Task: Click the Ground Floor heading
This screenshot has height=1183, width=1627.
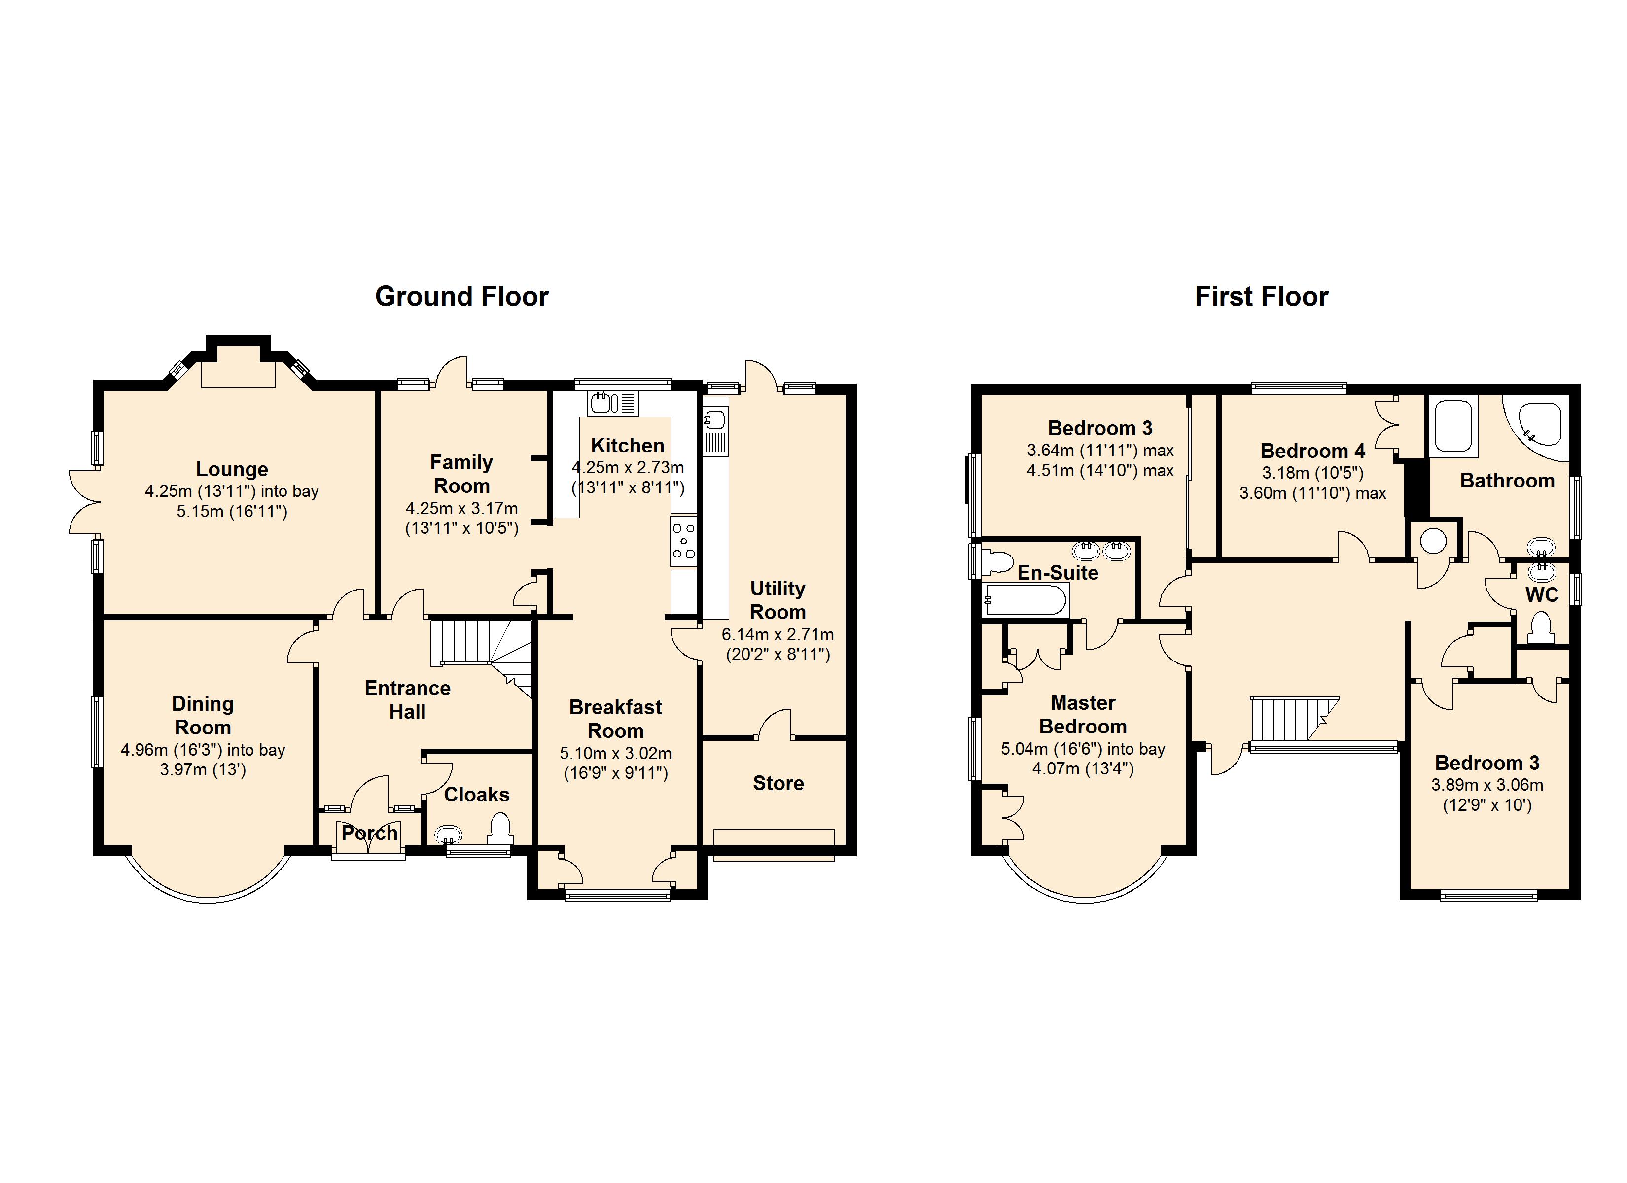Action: coord(461,296)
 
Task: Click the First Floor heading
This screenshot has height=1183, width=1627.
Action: coord(1261,296)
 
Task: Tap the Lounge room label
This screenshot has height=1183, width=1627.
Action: coord(232,469)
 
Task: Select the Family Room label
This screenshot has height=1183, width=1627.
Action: coord(461,474)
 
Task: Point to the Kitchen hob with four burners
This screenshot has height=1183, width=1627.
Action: coord(684,541)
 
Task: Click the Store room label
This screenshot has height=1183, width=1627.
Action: coord(778,783)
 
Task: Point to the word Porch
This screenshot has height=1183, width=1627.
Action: coord(369,833)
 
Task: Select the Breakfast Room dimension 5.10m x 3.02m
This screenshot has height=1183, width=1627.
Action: coord(615,753)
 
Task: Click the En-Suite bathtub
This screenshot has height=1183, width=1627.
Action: coord(1025,600)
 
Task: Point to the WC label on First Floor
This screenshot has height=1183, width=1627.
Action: coord(1542,595)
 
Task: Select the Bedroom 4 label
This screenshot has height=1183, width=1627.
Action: coord(1313,451)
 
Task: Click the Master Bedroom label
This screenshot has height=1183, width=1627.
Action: coord(1083,715)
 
